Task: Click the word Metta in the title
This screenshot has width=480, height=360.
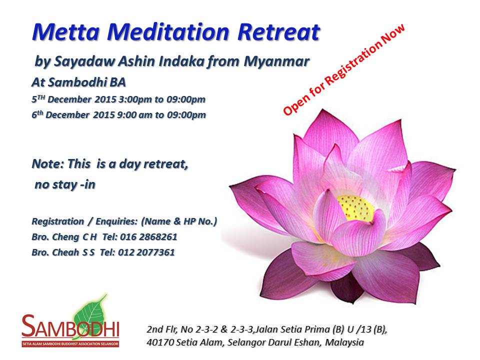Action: click(66, 32)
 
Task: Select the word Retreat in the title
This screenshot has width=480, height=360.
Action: click(278, 32)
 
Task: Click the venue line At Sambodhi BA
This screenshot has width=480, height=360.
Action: click(78, 82)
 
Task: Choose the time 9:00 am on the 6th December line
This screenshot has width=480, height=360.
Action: click(134, 115)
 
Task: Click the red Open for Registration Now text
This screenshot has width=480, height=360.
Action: click(344, 69)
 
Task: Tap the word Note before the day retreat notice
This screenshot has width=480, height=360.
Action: click(47, 164)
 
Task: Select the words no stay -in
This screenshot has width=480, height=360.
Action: click(65, 184)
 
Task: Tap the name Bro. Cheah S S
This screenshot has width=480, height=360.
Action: click(63, 252)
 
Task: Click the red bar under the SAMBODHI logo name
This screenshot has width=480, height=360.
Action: click(70, 344)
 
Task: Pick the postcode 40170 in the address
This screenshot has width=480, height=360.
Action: click(160, 342)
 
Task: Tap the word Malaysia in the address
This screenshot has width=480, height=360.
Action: click(344, 342)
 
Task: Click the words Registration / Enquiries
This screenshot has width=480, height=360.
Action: click(85, 221)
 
